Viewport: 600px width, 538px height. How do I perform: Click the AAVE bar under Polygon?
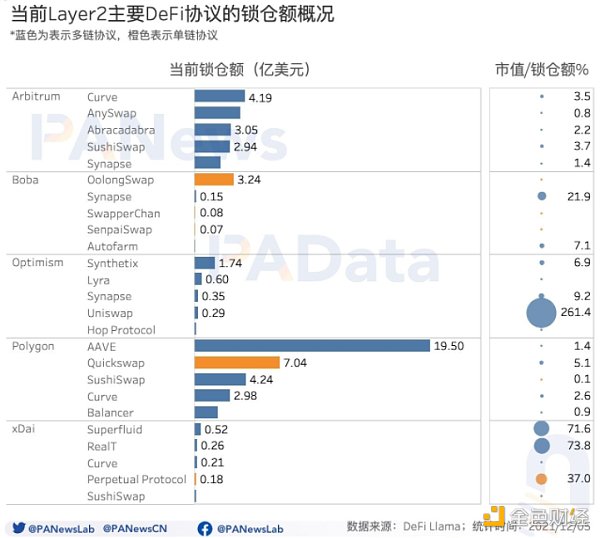[311, 346]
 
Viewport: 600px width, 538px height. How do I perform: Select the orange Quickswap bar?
[237, 363]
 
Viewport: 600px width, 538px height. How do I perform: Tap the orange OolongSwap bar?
[213, 180]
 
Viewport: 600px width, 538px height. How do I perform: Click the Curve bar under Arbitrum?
[219, 97]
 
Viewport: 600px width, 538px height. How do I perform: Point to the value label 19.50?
[448, 346]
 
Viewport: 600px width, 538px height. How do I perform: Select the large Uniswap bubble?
[541, 313]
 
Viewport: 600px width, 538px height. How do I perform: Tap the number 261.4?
[575, 313]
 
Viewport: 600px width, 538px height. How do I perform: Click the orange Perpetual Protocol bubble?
[541, 479]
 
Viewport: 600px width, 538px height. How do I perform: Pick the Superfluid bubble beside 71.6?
[541, 429]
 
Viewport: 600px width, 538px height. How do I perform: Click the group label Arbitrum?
[36, 96]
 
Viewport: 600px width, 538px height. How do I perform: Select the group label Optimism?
[38, 263]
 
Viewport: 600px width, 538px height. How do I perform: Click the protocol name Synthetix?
[112, 263]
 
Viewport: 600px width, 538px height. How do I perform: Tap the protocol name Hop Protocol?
[121, 330]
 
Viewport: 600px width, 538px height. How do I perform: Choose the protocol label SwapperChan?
[123, 213]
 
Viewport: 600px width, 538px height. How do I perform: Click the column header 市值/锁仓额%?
[541, 70]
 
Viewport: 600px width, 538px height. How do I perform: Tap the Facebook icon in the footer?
[204, 527]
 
